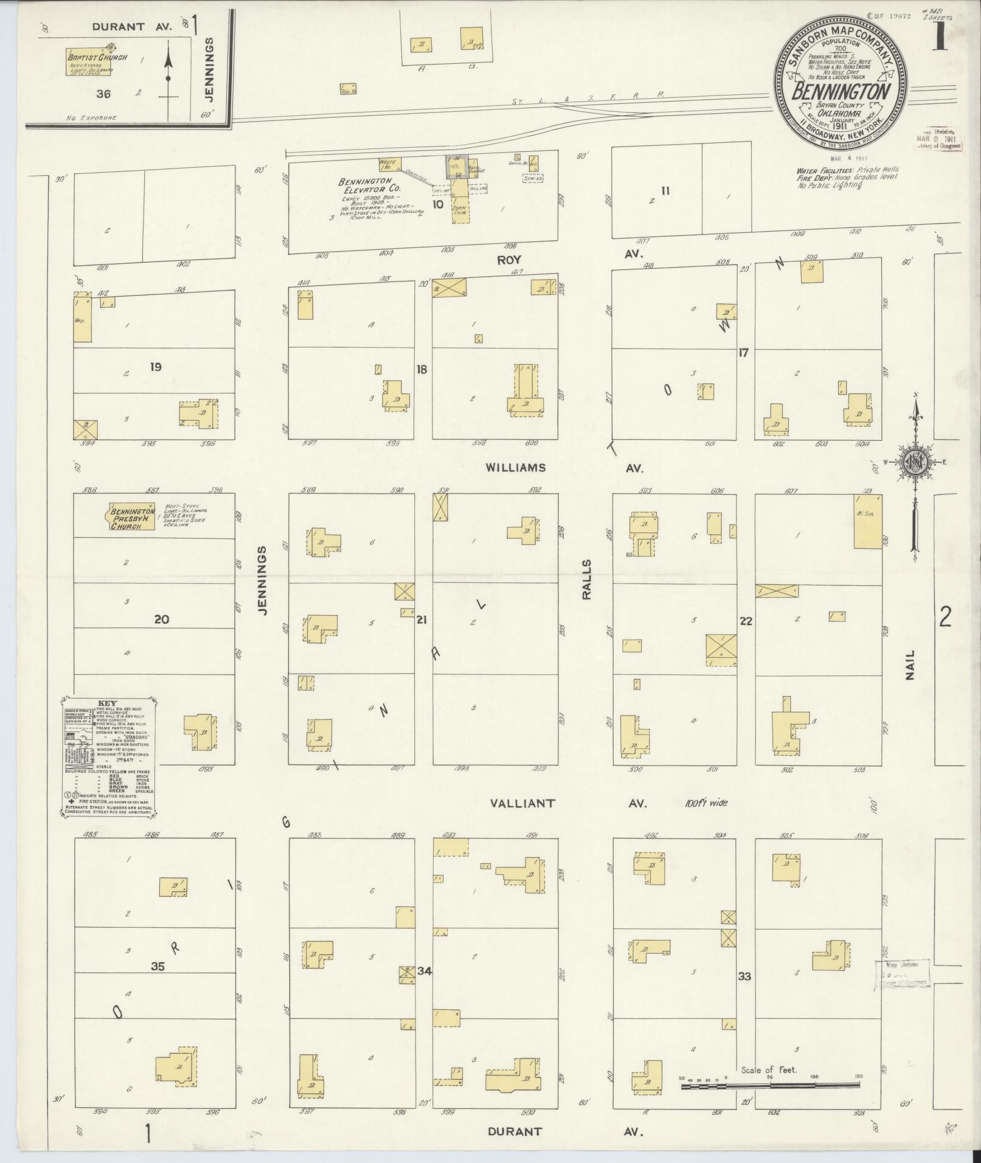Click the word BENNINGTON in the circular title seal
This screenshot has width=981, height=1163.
(x=841, y=92)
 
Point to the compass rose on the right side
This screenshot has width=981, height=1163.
(x=915, y=463)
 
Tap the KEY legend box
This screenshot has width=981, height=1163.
(x=109, y=756)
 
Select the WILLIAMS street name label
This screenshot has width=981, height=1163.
(x=516, y=468)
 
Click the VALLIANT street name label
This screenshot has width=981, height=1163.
(x=522, y=803)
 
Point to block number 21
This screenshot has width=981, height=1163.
(x=421, y=620)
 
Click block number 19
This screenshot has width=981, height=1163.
(x=156, y=367)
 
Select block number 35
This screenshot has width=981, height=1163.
(x=158, y=964)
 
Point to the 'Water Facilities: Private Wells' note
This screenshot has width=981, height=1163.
(x=847, y=170)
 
